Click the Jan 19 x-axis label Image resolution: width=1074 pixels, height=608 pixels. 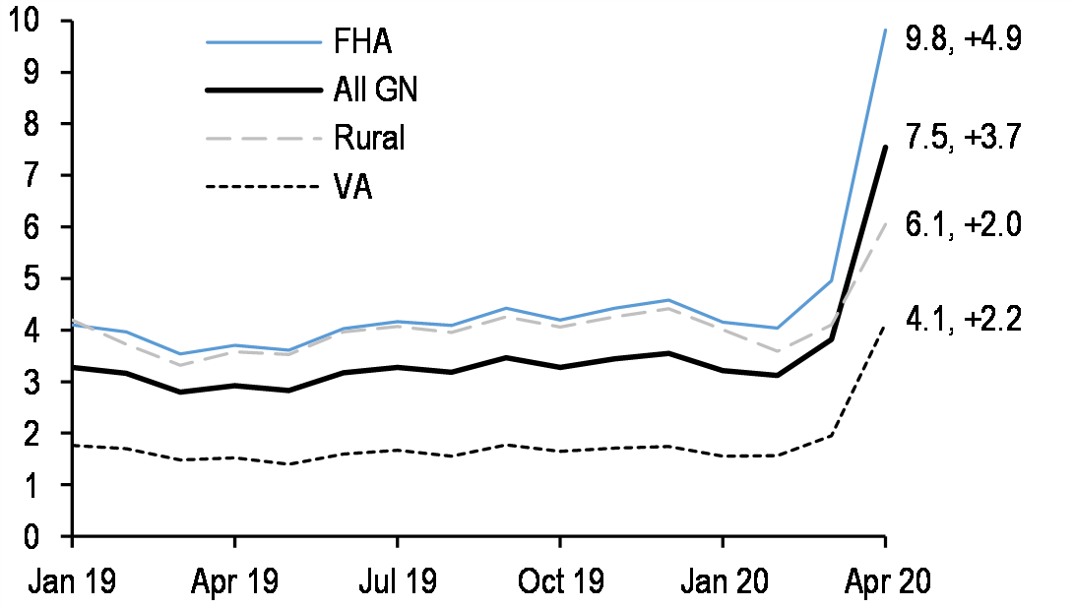pyautogui.click(x=72, y=580)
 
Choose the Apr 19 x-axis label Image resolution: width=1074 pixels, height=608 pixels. pyautogui.click(x=234, y=580)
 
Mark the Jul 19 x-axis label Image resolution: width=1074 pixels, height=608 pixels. pyautogui.click(x=397, y=580)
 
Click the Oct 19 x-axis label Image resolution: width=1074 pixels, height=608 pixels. pyautogui.click(x=559, y=580)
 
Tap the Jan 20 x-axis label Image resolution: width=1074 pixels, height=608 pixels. pyautogui.click(x=723, y=580)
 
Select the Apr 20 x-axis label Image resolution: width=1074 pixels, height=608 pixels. pyautogui.click(x=884, y=580)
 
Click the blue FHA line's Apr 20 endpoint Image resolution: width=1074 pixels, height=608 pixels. pyautogui.click(x=885, y=30)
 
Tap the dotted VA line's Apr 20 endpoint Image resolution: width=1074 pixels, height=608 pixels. pyautogui.click(x=885, y=326)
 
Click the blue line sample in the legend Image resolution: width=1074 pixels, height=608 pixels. pyautogui.click(x=264, y=42)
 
